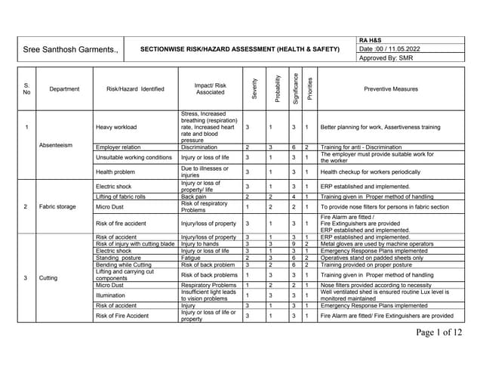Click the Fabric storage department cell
[x=59, y=206]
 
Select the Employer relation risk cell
[x=118, y=147]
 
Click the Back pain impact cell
[x=194, y=196]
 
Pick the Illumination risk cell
[x=112, y=295]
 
